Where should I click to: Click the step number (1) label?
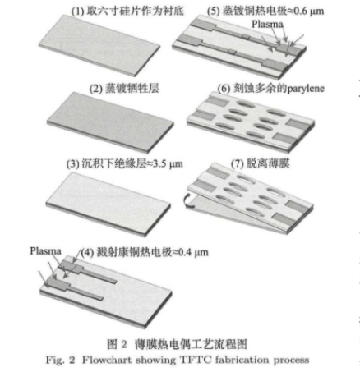coord(77,11)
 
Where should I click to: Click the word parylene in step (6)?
coord(306,89)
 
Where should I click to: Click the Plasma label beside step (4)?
coord(45,251)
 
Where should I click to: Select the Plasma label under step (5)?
coord(267,25)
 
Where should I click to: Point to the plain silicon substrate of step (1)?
coord(99,45)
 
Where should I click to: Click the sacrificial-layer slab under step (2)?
coord(110,122)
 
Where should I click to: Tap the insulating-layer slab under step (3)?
coord(108,204)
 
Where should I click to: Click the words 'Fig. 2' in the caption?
coord(60,360)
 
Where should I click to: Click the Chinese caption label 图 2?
coord(117,344)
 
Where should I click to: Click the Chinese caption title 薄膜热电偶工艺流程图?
coord(191,344)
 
